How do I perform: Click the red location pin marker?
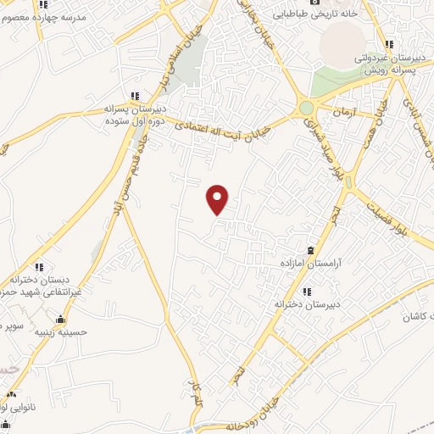click(x=219, y=199)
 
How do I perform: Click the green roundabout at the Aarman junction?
click(x=306, y=108)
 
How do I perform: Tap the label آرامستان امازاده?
click(x=309, y=264)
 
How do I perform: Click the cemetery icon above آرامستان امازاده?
click(x=309, y=250)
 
